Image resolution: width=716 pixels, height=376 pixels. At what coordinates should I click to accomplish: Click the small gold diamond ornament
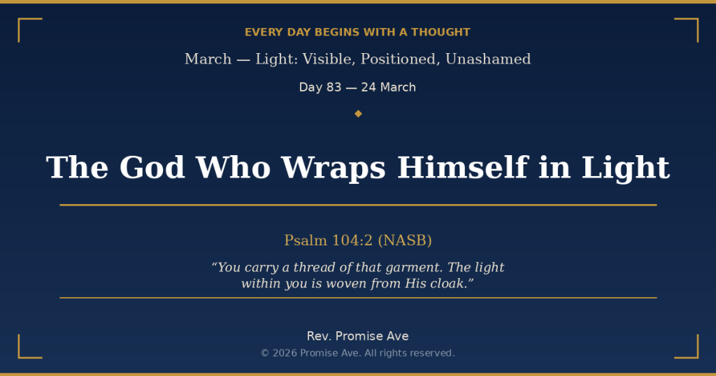[x=358, y=114]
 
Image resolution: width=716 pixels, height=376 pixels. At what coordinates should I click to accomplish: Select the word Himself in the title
[x=462, y=168]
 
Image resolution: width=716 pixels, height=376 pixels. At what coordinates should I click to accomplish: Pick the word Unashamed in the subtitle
[x=488, y=59]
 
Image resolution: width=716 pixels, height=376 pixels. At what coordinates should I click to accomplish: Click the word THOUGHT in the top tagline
[x=441, y=32]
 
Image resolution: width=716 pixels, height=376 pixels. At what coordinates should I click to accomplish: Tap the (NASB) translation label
[x=405, y=240]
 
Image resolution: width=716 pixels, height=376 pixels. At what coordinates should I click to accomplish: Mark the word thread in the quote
[x=313, y=268]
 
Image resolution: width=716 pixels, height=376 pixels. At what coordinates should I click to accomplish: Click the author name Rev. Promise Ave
[x=358, y=336]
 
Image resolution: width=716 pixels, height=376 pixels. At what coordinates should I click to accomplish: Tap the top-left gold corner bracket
[x=24, y=24]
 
